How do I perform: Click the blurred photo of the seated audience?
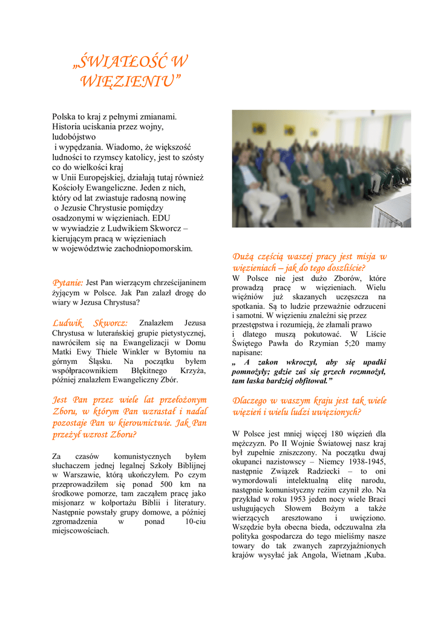pyautogui.click(x=321, y=168)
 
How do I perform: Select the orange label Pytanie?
pyautogui.click(x=67, y=282)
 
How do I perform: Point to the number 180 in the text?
pyautogui.click(x=322, y=434)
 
